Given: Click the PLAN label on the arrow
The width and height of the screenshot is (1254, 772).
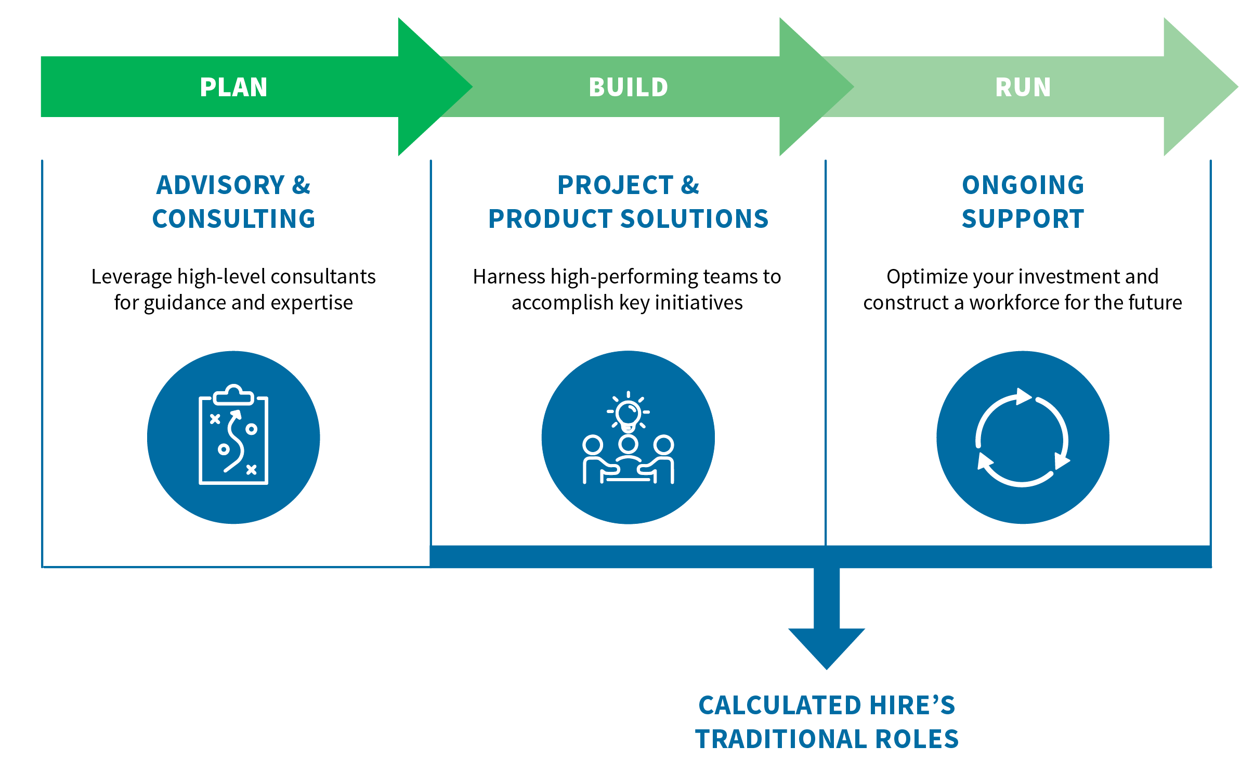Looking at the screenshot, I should pos(233,87).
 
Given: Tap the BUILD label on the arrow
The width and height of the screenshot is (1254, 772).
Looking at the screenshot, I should pos(628,87).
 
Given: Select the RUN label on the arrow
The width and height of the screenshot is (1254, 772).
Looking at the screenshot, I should pos(1023,87).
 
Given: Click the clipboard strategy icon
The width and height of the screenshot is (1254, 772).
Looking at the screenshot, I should pos(233,435).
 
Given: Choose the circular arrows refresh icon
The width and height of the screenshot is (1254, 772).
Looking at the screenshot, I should pos(1022,437).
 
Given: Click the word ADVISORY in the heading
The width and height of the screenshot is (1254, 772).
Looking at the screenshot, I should pos(220,185).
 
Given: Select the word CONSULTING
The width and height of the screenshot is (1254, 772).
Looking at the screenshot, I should pos(233,218).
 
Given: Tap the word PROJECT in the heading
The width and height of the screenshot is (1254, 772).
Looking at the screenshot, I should pos(616,185).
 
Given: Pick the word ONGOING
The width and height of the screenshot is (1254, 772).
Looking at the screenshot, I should pos(1023,185).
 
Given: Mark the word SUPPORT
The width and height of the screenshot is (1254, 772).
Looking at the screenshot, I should pos(1023,218).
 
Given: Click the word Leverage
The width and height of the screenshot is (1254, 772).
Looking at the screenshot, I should pos(131,277).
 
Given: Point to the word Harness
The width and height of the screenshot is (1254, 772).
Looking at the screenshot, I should pos(508,277).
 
